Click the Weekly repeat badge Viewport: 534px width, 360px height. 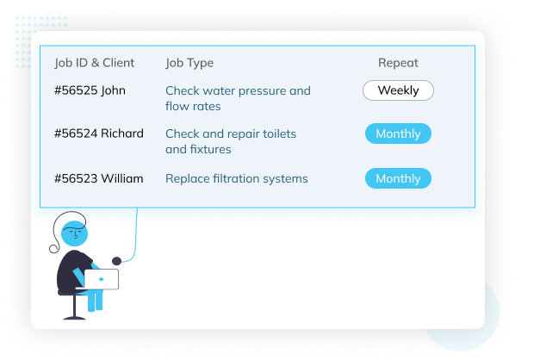pyautogui.click(x=398, y=90)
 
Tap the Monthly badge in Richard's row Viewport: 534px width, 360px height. pyautogui.click(x=398, y=133)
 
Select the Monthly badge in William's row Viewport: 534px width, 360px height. pyautogui.click(x=398, y=179)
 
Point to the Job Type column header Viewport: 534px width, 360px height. pyautogui.click(x=189, y=63)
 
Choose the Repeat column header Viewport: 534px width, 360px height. pyautogui.click(x=398, y=63)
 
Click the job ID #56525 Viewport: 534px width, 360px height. pyautogui.click(x=75, y=90)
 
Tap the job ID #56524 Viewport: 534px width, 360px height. pyautogui.click(x=75, y=133)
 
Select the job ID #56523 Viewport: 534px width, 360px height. pyautogui.click(x=75, y=179)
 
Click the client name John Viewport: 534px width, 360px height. pyautogui.click(x=113, y=90)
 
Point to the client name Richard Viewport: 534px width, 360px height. pyautogui.click(x=122, y=133)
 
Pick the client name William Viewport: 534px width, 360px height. pyautogui.click(x=122, y=179)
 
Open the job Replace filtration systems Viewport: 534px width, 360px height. pyautogui.click(x=236, y=179)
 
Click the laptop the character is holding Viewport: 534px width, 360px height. pyautogui.click(x=101, y=279)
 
